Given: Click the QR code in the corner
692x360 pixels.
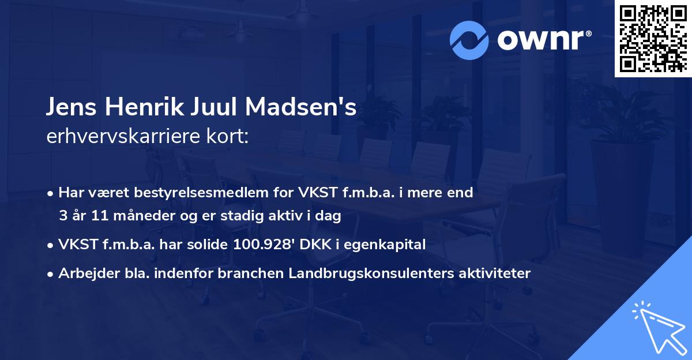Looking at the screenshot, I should pos(653,38).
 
